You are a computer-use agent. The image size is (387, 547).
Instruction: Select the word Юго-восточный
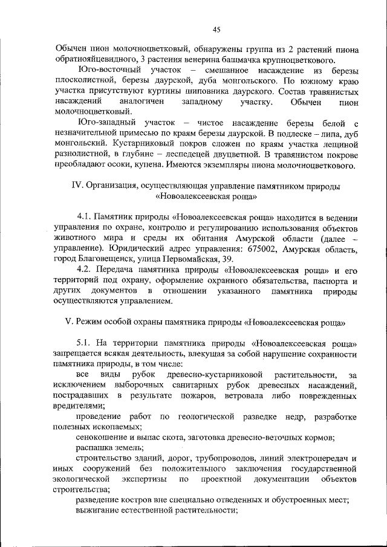(107, 71)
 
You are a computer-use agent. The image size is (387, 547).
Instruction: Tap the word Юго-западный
(104, 123)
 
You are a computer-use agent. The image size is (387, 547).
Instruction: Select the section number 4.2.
(86, 269)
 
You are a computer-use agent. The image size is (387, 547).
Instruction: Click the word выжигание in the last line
(99, 511)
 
